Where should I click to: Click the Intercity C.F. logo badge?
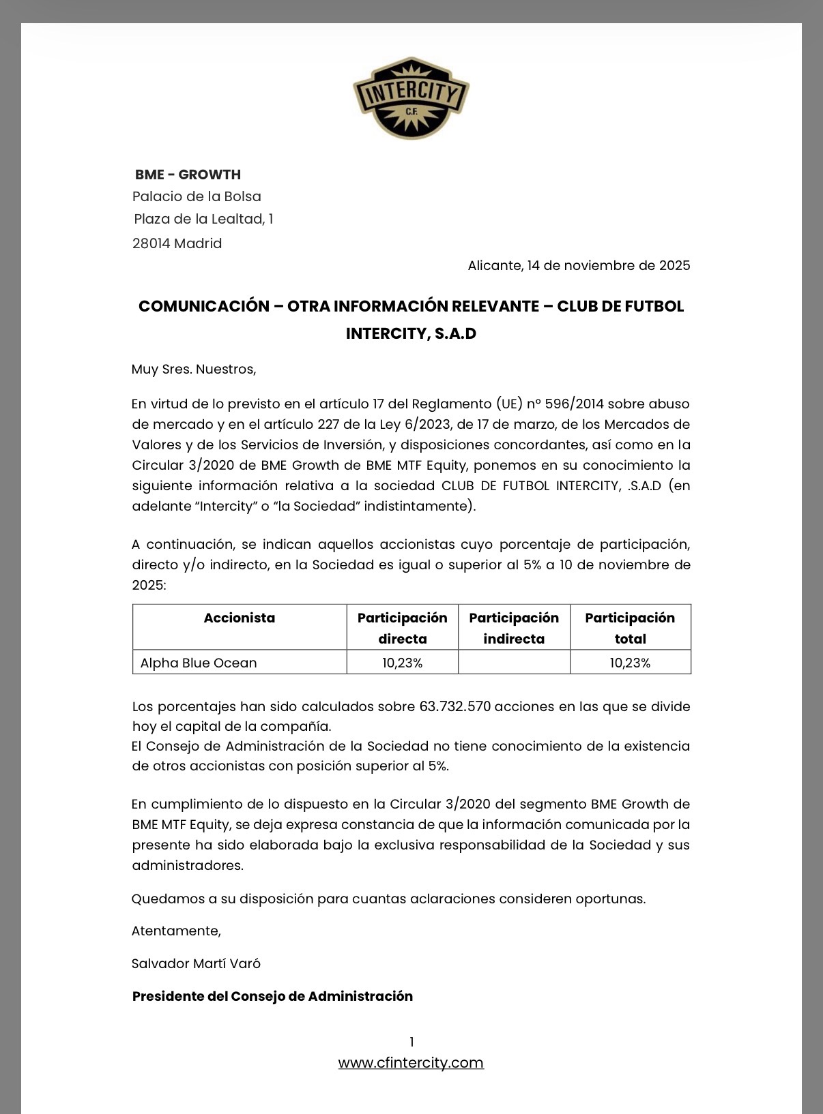(411, 98)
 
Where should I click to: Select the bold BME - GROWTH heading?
(188, 175)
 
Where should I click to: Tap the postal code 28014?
(151, 243)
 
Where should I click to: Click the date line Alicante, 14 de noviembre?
(579, 265)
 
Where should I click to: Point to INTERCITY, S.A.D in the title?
(411, 333)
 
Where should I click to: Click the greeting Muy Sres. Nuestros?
(194, 369)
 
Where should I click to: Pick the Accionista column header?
(240, 618)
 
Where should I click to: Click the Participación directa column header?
(402, 627)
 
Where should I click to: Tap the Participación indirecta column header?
(514, 627)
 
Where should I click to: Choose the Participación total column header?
(630, 627)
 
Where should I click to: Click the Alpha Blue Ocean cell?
(199, 663)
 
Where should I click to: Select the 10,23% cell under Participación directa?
(402, 663)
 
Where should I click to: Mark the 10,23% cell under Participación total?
(630, 663)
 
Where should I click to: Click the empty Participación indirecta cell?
(514, 662)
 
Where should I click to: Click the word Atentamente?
(176, 931)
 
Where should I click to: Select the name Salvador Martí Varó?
(196, 963)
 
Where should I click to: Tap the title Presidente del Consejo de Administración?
(272, 996)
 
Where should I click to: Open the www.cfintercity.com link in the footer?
(411, 1062)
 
